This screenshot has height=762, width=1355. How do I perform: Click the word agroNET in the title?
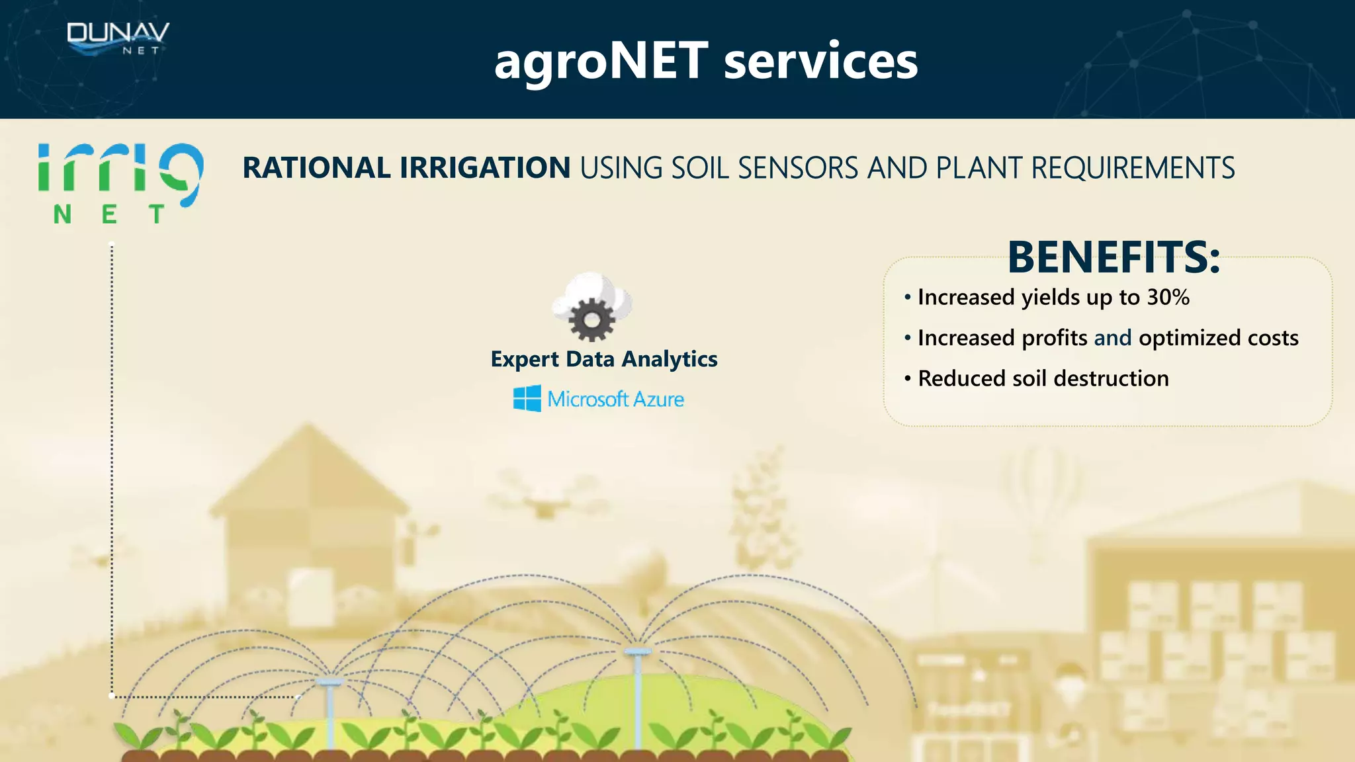pyautogui.click(x=601, y=61)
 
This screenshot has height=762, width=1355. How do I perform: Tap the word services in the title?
pyautogui.click(x=820, y=61)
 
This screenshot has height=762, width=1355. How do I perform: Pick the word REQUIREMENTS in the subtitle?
pyautogui.click(x=1133, y=168)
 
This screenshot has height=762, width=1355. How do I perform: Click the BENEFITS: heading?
pyautogui.click(x=1114, y=257)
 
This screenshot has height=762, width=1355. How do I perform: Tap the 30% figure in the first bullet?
pyautogui.click(x=1168, y=297)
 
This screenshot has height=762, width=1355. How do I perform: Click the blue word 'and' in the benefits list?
pyautogui.click(x=1112, y=338)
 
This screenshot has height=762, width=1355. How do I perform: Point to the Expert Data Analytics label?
pyautogui.click(x=603, y=359)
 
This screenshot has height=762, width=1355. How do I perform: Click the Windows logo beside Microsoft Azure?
pyautogui.click(x=527, y=399)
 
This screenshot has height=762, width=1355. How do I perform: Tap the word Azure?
pyautogui.click(x=658, y=399)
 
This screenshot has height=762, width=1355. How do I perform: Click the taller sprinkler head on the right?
pyautogui.click(x=638, y=652)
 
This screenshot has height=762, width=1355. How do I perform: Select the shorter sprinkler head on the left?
pyautogui.click(x=329, y=681)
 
